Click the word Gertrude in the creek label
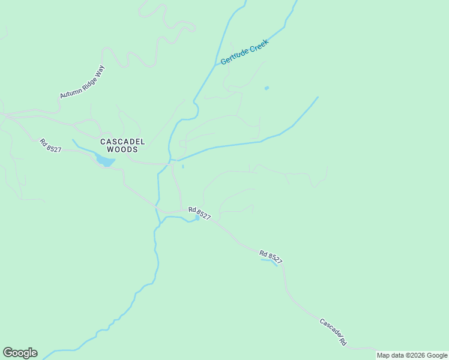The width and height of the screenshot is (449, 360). coord(235,56)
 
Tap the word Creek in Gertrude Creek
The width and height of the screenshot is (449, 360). coord(259,44)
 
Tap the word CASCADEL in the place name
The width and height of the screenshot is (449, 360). coord(122,142)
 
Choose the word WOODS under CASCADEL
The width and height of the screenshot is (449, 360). coord(122,149)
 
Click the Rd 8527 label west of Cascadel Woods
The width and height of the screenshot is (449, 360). coord(50,146)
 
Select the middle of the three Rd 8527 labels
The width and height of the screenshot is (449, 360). coord(199,213)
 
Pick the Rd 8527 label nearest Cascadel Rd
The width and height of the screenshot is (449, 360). coord(271,256)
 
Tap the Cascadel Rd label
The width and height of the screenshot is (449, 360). coord(333,331)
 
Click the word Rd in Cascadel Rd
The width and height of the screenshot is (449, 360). coord(343,341)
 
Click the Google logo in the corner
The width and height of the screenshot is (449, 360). coord(20,353)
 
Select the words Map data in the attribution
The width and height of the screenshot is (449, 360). coord(390,355)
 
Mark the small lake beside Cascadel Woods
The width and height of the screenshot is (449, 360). coord(104,161)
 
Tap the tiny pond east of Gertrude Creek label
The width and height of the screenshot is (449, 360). coord(267,88)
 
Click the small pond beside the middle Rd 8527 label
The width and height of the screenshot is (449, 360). coord(196,218)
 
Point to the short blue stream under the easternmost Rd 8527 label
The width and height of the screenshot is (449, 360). coord(269,261)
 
